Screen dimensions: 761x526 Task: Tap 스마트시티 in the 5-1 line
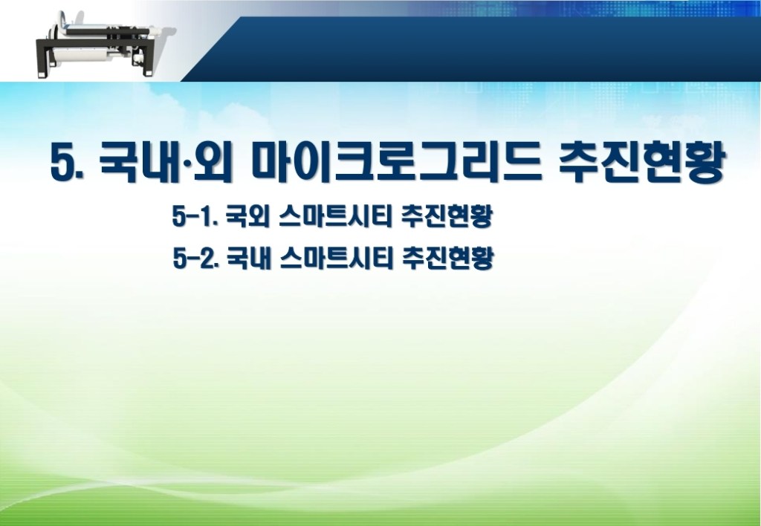(335, 216)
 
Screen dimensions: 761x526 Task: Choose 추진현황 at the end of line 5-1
(447, 216)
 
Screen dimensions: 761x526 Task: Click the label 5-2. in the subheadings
(194, 258)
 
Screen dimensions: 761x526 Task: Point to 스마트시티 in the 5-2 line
(337, 258)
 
